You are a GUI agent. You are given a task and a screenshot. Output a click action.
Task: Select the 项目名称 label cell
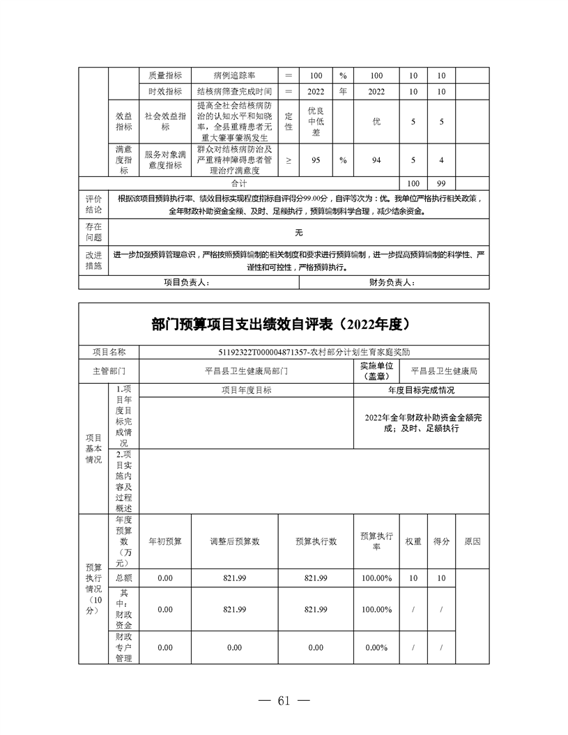pos(109,353)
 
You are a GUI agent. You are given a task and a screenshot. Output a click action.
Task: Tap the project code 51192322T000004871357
pos(265,353)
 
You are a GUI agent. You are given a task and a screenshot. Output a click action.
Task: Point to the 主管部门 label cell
pos(109,371)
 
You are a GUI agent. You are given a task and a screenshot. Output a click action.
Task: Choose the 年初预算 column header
pos(165,541)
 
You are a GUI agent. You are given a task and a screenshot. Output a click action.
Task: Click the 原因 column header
pos(472,541)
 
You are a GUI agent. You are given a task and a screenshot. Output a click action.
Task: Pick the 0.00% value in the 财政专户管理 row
pos(376,647)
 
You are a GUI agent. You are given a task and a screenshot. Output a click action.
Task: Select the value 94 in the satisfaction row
pos(376,160)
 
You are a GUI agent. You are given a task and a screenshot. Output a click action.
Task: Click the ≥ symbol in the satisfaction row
pos(289,160)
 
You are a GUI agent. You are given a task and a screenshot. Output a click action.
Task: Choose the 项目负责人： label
pos(187,282)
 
